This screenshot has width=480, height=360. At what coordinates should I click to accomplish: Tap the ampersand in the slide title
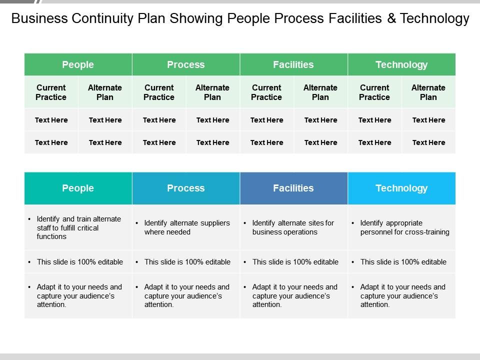pyautogui.click(x=391, y=18)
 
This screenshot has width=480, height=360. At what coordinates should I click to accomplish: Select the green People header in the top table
pyautogui.click(x=78, y=64)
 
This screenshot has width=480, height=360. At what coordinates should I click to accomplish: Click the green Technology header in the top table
pyautogui.click(x=401, y=64)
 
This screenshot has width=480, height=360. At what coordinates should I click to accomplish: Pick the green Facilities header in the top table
pyautogui.click(x=293, y=64)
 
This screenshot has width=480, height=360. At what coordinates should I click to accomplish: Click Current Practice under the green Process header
pyautogui.click(x=159, y=92)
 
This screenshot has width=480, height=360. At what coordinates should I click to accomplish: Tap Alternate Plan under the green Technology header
pyautogui.click(x=428, y=92)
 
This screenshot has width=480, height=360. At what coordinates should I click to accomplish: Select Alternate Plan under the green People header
pyautogui.click(x=105, y=92)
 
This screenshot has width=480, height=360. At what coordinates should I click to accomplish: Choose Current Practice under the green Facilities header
pyautogui.click(x=266, y=92)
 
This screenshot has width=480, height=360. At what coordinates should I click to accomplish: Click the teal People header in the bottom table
pyautogui.click(x=78, y=188)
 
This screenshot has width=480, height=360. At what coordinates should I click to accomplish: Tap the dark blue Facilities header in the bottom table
pyautogui.click(x=293, y=188)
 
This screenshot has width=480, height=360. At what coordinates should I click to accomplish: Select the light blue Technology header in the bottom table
pyautogui.click(x=401, y=188)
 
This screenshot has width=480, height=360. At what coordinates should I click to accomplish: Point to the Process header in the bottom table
pyautogui.click(x=186, y=188)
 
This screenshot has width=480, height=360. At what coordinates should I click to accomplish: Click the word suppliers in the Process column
pyautogui.click(x=215, y=223)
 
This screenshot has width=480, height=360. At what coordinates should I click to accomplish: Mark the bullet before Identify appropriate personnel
pyautogui.click(x=353, y=223)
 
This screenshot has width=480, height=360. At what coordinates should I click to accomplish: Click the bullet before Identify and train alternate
pyautogui.click(x=29, y=219)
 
